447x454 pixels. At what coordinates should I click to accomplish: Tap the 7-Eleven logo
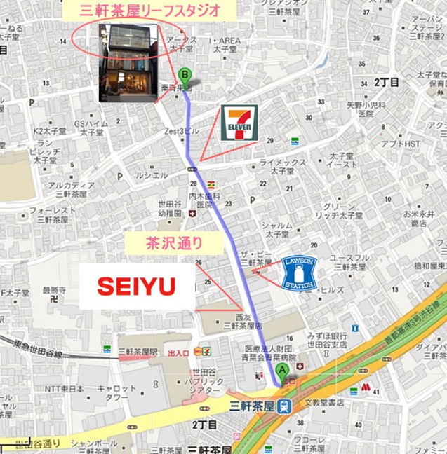(240, 123)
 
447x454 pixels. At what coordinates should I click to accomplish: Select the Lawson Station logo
(299, 272)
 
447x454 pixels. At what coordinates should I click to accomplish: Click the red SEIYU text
(135, 286)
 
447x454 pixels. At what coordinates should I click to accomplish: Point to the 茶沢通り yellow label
(173, 244)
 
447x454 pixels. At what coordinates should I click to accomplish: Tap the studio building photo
(127, 62)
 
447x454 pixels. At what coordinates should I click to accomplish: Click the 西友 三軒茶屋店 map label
(241, 321)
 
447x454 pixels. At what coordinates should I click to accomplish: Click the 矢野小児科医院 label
(365, 109)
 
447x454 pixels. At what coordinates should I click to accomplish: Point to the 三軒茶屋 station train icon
(282, 406)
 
